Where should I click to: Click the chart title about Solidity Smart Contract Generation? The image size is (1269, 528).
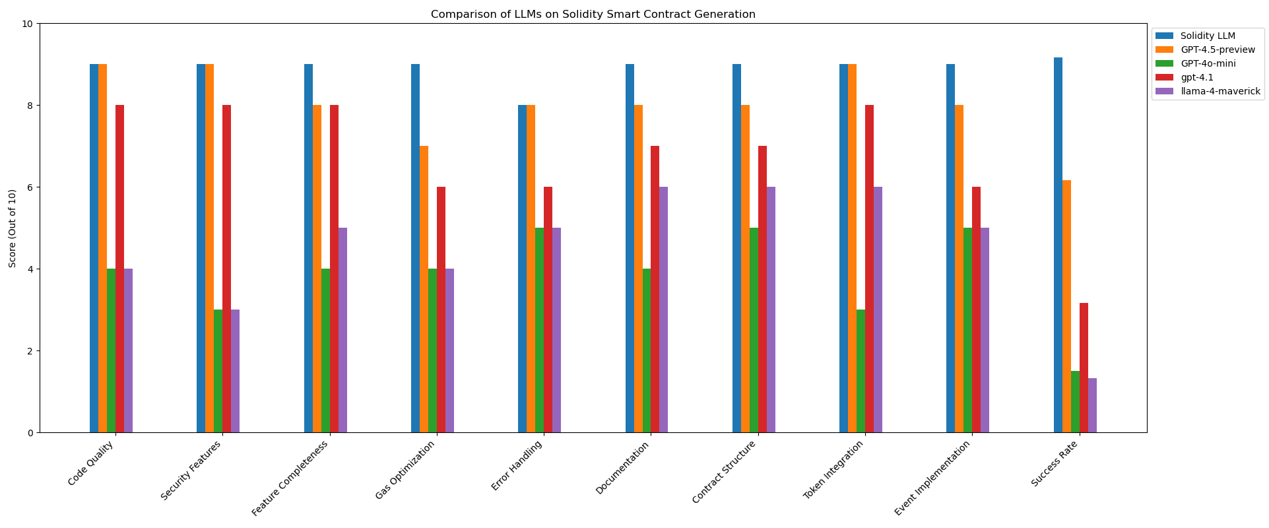pos(593,14)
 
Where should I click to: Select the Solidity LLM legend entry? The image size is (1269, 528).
pos(1208,36)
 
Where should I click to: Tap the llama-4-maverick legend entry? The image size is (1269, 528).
pos(1220,91)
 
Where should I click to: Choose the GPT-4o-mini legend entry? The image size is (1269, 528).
pos(1208,63)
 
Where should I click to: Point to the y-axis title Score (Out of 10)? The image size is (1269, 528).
pos(13,228)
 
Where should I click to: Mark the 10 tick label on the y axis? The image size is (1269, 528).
pos(27,24)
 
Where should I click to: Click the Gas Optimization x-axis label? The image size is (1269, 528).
pos(406,471)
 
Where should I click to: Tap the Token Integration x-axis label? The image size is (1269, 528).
pos(833,471)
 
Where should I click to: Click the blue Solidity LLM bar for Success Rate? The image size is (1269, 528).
pos(1058,245)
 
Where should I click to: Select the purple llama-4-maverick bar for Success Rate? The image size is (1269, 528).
pos(1092,405)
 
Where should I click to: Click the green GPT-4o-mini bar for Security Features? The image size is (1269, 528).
pos(218,371)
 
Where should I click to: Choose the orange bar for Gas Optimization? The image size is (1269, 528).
pos(424,289)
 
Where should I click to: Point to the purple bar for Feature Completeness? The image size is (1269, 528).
pos(342,330)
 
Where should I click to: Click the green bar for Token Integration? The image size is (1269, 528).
pos(861,371)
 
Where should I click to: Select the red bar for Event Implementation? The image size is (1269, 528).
pos(976,310)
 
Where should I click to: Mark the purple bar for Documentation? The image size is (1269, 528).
pos(663,310)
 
